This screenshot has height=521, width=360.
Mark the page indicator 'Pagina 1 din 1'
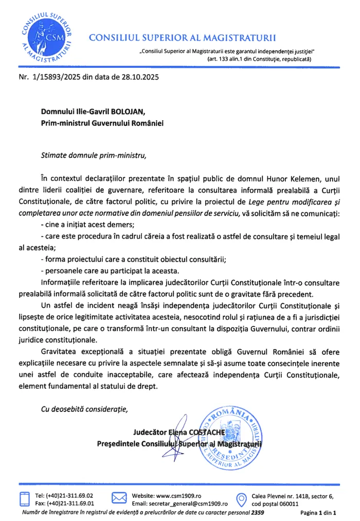pyautogui.click(x=318, y=513)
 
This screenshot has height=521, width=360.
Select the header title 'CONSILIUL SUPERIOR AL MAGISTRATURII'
pyautogui.click(x=183, y=38)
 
